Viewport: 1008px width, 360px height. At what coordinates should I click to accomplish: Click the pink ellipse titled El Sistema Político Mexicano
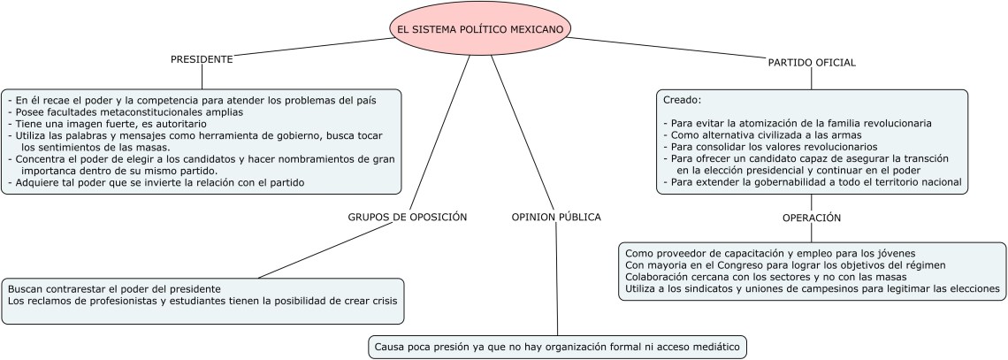pyautogui.click(x=480, y=29)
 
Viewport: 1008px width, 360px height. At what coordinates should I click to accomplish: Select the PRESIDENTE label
pyautogui.click(x=202, y=59)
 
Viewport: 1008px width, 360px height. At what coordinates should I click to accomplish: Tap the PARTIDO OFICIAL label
pyautogui.click(x=811, y=63)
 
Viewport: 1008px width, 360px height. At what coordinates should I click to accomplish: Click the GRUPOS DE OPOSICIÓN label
pyautogui.click(x=407, y=217)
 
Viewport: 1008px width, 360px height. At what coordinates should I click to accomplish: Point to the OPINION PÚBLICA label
pyautogui.click(x=556, y=217)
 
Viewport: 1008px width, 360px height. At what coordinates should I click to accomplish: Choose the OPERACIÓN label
pyautogui.click(x=811, y=218)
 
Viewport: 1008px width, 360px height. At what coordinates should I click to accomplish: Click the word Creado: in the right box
pyautogui.click(x=682, y=100)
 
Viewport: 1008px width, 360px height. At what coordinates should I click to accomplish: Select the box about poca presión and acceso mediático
pyautogui.click(x=558, y=347)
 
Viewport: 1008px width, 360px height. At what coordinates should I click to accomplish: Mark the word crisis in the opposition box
pyautogui.click(x=382, y=301)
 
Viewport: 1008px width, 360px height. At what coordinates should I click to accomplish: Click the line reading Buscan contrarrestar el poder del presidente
pyautogui.click(x=114, y=289)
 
